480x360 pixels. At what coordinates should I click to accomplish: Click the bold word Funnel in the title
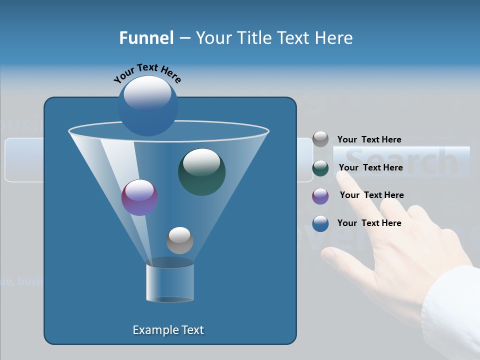pos(146,38)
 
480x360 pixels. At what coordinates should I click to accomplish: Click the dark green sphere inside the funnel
pos(201,171)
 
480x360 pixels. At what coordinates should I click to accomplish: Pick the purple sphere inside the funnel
pos(139,197)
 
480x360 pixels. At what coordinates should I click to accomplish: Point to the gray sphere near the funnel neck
pos(179,240)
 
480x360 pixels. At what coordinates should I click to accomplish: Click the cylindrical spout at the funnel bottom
pos(169,282)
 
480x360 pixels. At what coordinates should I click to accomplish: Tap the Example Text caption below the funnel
pos(168,330)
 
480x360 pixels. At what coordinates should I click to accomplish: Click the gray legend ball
pos(320,139)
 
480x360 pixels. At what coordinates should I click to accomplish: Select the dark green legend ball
pos(320,168)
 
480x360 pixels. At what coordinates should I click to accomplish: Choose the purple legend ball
pos(320,196)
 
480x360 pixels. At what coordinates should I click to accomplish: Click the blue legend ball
pos(320,223)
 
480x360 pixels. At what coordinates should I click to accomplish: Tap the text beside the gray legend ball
pos(369,139)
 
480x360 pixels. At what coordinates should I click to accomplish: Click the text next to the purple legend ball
pos(371,195)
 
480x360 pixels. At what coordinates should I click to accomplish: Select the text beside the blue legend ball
pos(369,223)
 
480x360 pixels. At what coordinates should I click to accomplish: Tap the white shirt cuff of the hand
pos(452,310)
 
